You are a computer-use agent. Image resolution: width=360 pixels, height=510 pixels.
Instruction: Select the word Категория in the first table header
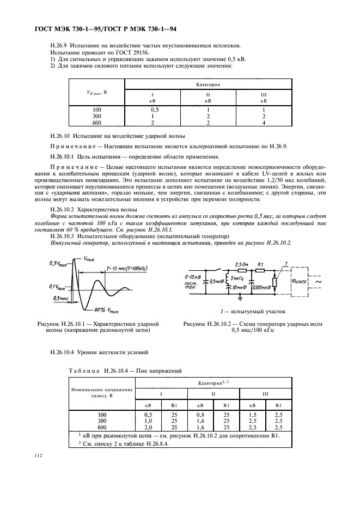pos(208,85)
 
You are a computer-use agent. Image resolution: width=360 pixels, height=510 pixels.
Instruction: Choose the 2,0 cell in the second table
pos(147,427)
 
